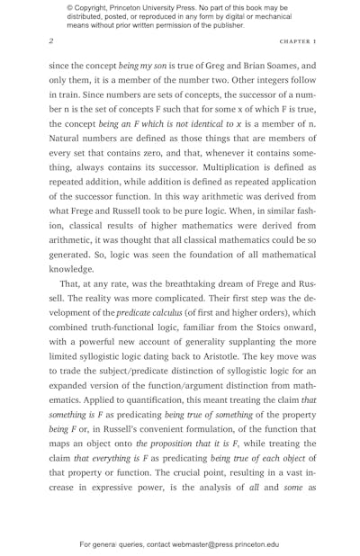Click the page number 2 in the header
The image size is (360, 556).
(51, 41)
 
